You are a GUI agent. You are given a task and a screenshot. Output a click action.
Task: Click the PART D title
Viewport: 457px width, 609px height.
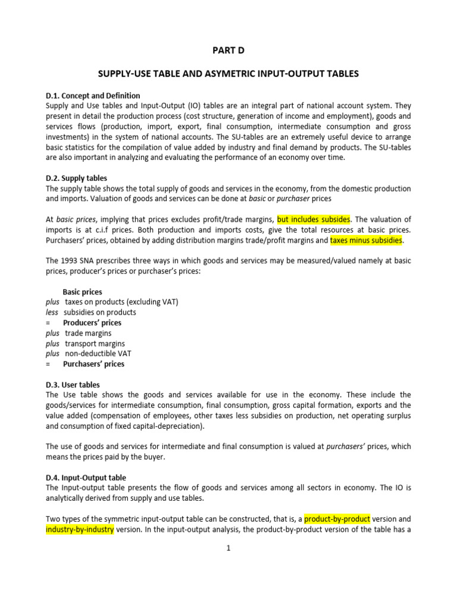point(228,51)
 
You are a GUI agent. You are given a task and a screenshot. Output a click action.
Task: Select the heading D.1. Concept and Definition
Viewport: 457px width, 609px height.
point(93,95)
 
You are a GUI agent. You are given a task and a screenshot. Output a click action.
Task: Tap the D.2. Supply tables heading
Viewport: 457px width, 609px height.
point(76,178)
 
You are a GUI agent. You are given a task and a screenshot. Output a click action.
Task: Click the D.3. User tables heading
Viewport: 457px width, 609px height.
point(73,384)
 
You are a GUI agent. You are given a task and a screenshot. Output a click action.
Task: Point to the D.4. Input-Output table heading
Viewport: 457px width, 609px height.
point(86,477)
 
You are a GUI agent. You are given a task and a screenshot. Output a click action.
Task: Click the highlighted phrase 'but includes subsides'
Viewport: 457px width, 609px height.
point(314,219)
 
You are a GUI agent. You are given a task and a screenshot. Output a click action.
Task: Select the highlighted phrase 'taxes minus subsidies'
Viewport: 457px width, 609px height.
point(367,240)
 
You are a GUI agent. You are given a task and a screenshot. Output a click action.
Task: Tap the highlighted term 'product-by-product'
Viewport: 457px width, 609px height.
point(337,519)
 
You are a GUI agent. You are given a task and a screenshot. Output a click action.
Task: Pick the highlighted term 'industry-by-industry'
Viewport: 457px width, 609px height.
point(80,529)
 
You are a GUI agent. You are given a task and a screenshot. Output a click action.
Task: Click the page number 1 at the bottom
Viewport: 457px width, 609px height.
point(228,548)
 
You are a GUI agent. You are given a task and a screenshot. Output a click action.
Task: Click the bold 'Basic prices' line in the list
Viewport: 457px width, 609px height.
point(82,292)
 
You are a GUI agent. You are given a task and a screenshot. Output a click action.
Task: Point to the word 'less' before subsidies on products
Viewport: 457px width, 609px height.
point(52,312)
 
